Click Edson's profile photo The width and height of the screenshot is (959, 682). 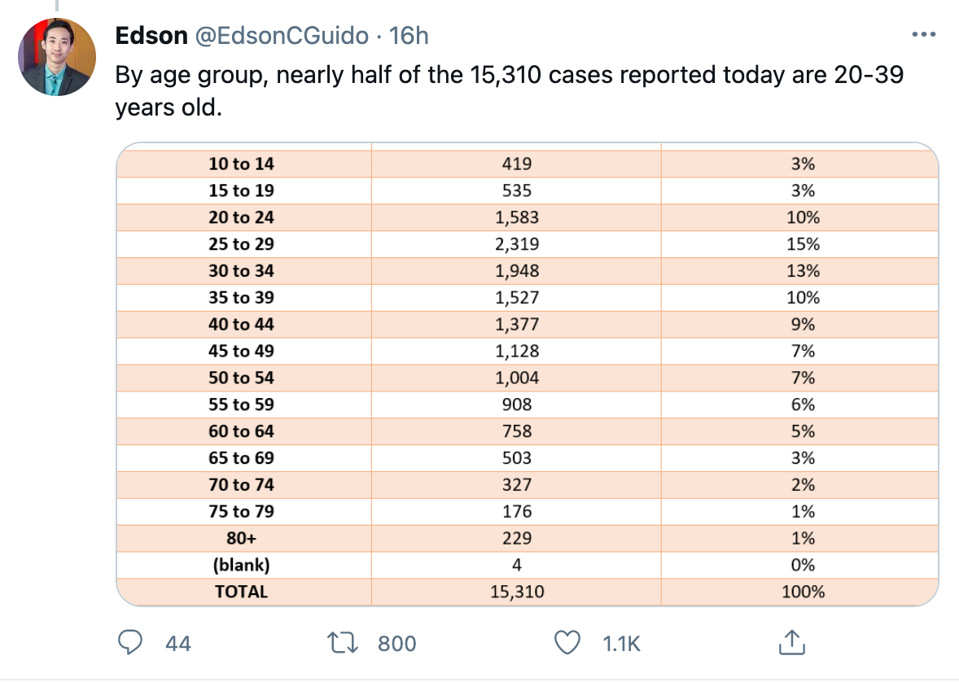point(57,57)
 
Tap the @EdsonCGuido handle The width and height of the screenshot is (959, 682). point(282,36)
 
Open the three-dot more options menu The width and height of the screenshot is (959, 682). point(923,34)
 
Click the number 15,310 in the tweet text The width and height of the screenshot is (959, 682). point(506,75)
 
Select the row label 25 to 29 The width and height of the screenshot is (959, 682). point(241,244)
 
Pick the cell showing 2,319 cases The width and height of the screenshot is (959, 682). point(517,244)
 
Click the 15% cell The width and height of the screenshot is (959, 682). point(803,244)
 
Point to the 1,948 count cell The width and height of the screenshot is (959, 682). point(517,271)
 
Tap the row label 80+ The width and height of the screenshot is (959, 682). point(241,538)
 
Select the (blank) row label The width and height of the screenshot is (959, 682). point(241,565)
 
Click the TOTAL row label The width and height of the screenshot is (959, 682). point(241,592)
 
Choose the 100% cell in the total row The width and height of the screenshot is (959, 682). point(803,592)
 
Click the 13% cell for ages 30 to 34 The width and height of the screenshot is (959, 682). point(803,271)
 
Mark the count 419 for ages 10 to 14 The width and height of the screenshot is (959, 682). point(517,164)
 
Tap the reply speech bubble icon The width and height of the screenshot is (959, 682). point(129,643)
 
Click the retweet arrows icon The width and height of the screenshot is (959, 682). point(343,643)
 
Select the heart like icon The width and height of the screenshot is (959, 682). point(567,643)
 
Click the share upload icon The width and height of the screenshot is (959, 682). point(791,642)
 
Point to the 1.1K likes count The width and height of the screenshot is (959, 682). point(621,644)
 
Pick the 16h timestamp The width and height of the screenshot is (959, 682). point(409,36)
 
